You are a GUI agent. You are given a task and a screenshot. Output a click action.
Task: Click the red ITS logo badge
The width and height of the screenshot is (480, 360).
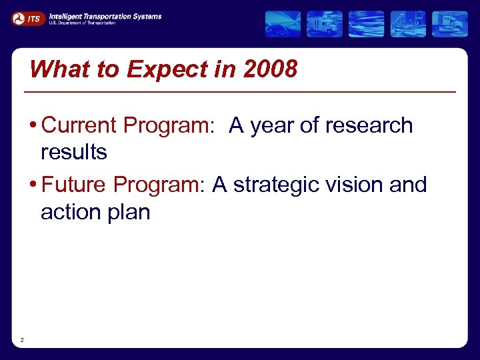(27, 19)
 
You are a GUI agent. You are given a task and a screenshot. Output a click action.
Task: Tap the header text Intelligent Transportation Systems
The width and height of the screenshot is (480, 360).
(105, 16)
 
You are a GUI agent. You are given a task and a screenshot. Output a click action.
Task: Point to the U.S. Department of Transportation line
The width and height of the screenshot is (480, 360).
(82, 23)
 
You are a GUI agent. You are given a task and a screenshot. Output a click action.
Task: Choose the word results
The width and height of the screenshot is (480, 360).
(73, 152)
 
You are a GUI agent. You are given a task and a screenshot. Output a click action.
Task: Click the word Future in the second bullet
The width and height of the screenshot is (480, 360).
(74, 185)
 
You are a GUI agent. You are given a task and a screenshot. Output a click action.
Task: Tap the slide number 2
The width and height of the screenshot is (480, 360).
(22, 341)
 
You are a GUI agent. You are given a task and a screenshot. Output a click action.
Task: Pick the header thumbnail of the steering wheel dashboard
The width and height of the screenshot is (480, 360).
(283, 24)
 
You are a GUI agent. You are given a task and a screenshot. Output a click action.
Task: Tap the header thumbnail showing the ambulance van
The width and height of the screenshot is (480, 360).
(325, 24)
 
